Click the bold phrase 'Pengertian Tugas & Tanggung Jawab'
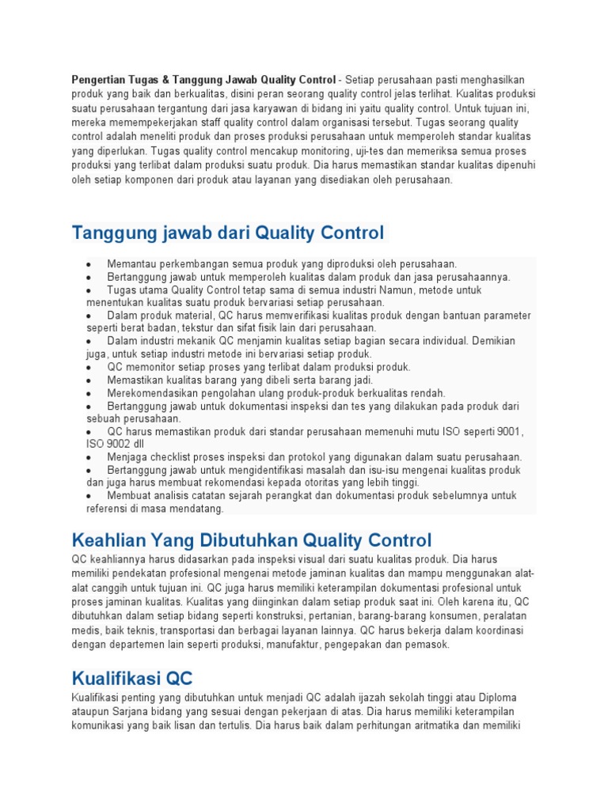(167, 80)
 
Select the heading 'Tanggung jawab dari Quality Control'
(227, 233)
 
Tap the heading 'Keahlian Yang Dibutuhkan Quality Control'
(252, 541)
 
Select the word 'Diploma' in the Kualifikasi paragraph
(496, 698)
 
